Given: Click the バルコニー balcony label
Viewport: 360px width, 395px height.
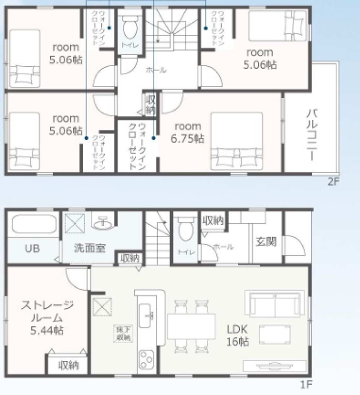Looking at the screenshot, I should pos(312,135).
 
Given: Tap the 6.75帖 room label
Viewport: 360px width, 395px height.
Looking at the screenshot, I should pos(188,132).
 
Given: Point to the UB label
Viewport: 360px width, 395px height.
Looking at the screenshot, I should pos(32,248).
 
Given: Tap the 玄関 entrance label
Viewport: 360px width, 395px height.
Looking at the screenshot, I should pos(266,242).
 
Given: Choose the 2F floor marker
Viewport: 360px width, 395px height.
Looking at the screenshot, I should pos(333,182).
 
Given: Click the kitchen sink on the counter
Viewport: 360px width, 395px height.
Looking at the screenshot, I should pos(146,315).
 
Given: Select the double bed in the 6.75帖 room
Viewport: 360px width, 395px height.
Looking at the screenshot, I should pos(237,140).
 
